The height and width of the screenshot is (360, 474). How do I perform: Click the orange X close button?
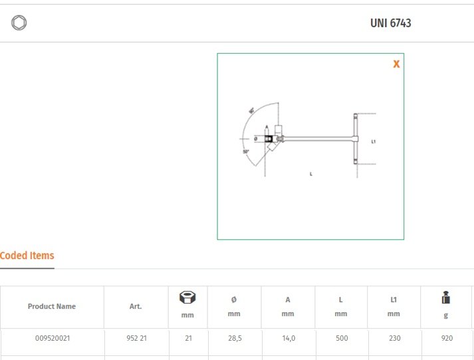pos(396,64)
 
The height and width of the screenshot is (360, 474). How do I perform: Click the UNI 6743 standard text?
pos(390,23)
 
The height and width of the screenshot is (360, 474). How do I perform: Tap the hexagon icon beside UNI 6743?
pos(19,23)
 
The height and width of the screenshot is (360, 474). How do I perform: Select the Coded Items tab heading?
pos(27,256)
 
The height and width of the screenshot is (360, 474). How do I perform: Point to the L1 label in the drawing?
pos(374,141)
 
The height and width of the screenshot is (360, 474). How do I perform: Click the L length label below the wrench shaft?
pos(311,173)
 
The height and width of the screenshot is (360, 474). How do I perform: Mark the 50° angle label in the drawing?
pos(246,151)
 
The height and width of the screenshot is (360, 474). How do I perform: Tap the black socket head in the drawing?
pos(269,139)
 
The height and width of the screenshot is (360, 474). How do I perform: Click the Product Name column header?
pos(52,307)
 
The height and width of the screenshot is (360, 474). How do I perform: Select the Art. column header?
pos(136,307)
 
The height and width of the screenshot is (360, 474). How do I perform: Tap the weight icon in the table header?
pos(446,299)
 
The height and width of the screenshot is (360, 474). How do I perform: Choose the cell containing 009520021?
pos(53,338)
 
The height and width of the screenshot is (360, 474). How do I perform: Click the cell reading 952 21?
pos(136,338)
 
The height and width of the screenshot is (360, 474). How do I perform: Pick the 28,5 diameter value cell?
pos(234,338)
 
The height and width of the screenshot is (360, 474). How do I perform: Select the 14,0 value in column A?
pos(287,338)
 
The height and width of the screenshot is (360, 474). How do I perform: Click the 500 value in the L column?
pos(341,338)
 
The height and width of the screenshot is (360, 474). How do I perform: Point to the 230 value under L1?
pos(394,338)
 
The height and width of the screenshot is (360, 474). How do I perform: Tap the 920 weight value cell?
pos(447,338)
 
